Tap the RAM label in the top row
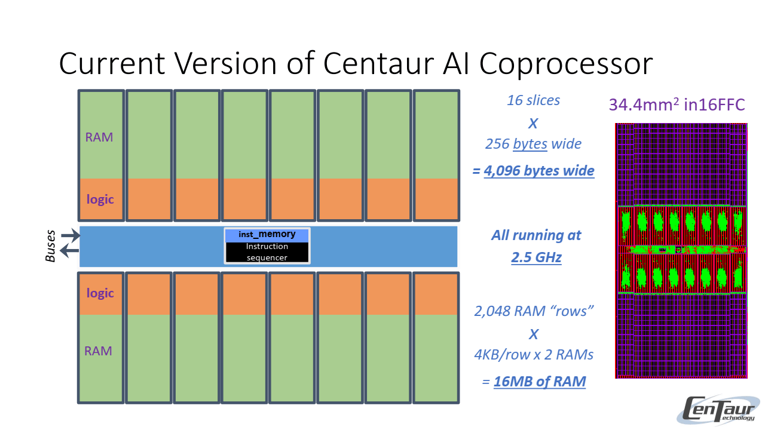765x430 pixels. tap(99, 137)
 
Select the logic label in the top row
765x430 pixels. tap(100, 199)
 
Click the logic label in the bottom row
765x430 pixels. tap(100, 293)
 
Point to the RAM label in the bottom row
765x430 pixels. tap(99, 351)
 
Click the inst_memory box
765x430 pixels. tap(267, 235)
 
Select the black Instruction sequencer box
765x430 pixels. tap(267, 252)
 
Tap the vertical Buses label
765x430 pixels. tap(51, 245)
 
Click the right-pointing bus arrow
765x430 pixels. tap(70, 236)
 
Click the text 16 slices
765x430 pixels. tap(533, 100)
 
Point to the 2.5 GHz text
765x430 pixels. tap(536, 257)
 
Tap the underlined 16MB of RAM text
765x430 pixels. tap(540, 382)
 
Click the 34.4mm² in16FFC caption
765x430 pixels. tap(677, 105)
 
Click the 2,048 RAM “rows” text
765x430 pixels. tap(533, 311)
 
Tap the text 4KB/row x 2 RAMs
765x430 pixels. tap(533, 355)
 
